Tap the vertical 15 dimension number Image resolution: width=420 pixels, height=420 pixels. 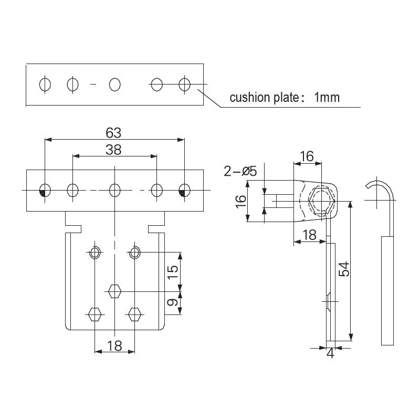click(x=173, y=271)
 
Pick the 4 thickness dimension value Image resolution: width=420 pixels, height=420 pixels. click(x=330, y=354)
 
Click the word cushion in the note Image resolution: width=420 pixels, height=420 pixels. click(x=247, y=98)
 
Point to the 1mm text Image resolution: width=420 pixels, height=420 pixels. click(x=327, y=98)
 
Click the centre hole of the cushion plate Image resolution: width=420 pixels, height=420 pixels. click(x=115, y=84)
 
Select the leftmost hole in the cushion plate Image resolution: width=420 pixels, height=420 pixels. click(x=45, y=84)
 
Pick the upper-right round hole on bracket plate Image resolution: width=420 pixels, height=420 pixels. click(x=135, y=253)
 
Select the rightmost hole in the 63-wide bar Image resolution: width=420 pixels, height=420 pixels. click(x=184, y=189)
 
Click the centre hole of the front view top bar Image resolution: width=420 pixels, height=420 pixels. click(x=115, y=189)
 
